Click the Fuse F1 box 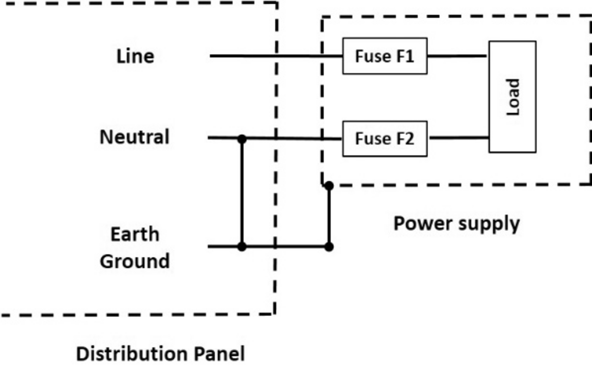point(384,56)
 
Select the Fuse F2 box point(384,138)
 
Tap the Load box point(512,97)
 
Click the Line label point(135,56)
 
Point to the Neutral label point(135,137)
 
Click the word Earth point(135,234)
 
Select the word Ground point(135,261)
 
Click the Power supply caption point(456,223)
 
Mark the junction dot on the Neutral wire point(241,138)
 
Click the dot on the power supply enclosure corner point(328,186)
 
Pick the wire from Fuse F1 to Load point(457,56)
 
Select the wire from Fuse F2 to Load point(458,138)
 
